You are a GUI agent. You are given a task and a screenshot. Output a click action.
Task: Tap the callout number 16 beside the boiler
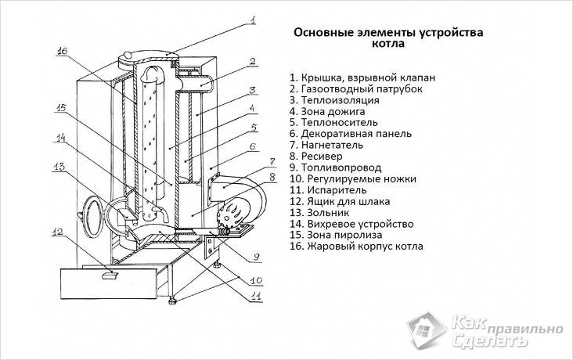[x=63, y=52]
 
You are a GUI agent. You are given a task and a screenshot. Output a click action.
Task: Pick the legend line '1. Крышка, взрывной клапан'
[x=362, y=78]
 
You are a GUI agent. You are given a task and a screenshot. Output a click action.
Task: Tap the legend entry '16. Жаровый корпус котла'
[x=355, y=246]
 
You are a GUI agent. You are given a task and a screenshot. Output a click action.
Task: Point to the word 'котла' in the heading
[x=388, y=46]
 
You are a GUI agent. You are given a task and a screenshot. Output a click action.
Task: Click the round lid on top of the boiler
[x=142, y=56]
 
